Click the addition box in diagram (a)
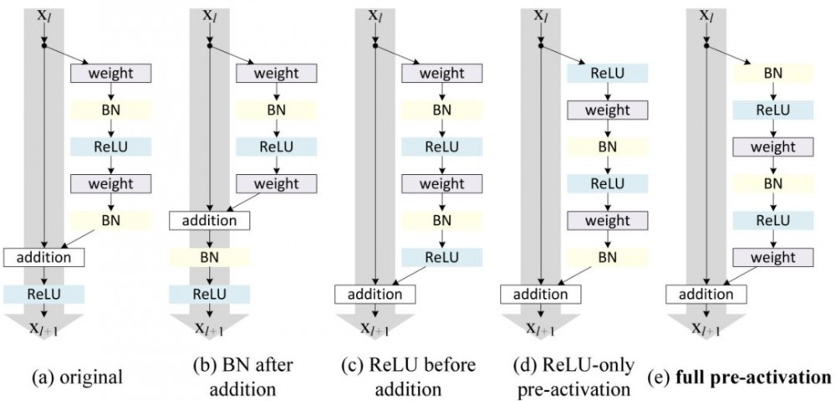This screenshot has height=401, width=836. (43, 257)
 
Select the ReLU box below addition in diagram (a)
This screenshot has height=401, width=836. (43, 294)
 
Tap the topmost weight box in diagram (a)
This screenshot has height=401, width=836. (110, 74)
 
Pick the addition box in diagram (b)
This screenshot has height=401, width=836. (210, 220)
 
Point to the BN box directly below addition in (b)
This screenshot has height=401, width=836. (210, 257)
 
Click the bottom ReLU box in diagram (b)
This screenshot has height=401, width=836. (210, 294)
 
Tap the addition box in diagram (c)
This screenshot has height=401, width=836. (375, 294)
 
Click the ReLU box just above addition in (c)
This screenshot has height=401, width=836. (441, 257)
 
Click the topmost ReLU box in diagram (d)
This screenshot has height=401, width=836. (608, 74)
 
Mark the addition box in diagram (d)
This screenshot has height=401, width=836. (541, 294)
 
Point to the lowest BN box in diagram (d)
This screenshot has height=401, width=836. (608, 257)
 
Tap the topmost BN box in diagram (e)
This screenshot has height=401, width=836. (773, 74)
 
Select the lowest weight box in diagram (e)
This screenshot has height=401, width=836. (773, 257)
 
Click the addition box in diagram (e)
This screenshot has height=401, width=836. (706, 294)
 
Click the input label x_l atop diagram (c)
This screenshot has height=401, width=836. (375, 15)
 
